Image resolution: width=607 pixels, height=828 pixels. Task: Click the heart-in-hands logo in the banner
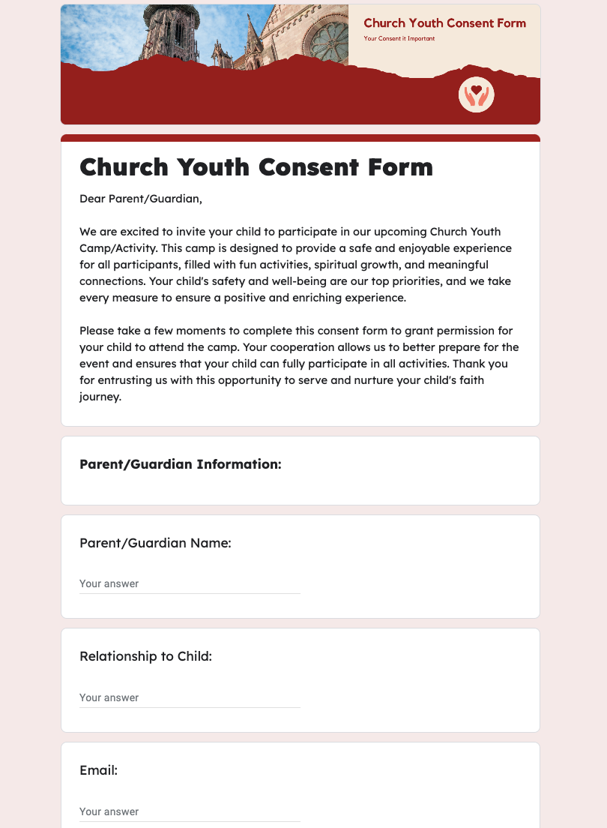click(476, 95)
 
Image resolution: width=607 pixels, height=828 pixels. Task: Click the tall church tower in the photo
click(172, 34)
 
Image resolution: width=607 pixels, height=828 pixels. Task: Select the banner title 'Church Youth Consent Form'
click(444, 23)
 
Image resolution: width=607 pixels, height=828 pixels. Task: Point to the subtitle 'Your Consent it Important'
click(399, 38)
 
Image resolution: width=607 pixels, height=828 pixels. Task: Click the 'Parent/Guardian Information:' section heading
click(181, 464)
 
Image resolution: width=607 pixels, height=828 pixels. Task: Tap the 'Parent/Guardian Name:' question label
click(155, 543)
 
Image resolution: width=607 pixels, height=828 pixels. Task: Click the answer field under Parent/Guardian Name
click(190, 583)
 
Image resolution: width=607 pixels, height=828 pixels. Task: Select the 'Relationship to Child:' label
click(146, 657)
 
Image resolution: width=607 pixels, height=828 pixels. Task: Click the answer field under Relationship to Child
click(190, 697)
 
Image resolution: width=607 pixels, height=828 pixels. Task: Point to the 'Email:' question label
click(99, 770)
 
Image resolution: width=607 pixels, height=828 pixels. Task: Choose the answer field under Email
click(190, 811)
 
